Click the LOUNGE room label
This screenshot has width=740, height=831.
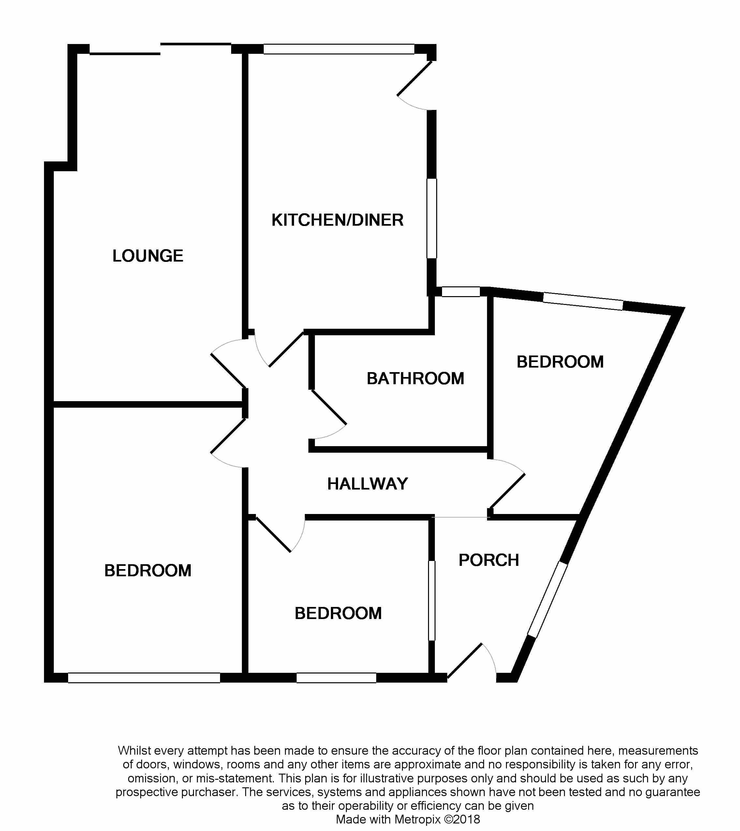(148, 256)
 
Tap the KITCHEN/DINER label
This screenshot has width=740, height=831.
(337, 220)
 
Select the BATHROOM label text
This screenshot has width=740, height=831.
(415, 379)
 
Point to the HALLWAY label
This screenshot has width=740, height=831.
(368, 484)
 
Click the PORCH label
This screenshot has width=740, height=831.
(489, 560)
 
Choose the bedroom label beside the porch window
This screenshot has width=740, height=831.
(338, 613)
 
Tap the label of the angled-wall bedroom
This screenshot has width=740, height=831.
(560, 362)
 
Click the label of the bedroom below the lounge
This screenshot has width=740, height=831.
(148, 571)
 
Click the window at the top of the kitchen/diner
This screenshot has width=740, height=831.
(339, 49)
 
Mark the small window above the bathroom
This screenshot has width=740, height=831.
(461, 292)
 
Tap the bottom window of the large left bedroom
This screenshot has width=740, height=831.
(144, 678)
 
